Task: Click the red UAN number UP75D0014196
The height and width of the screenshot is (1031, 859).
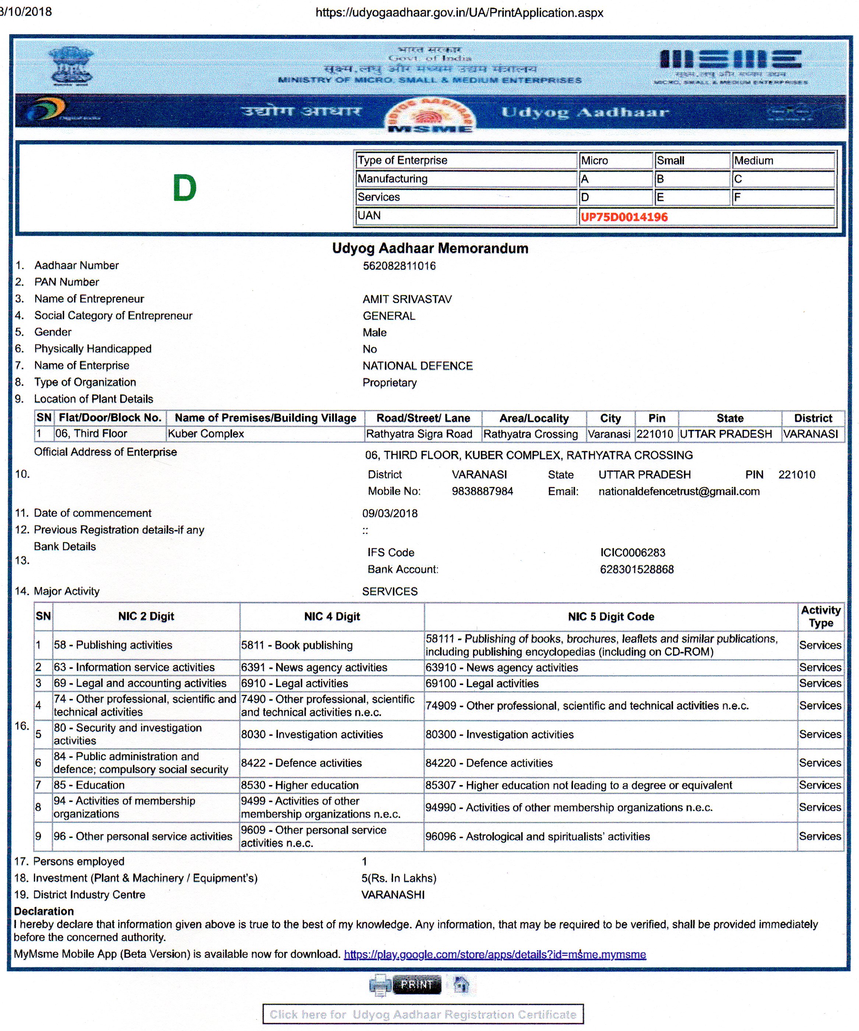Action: pos(624,217)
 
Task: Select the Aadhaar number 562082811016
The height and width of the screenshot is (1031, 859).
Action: pos(399,266)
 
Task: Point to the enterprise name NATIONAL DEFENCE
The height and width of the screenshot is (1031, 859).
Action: pos(418,366)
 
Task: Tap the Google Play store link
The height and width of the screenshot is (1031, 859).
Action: pos(494,954)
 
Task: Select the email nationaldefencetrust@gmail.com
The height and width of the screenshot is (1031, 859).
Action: pos(679,491)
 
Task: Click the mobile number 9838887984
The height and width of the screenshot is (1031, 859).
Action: pos(482,491)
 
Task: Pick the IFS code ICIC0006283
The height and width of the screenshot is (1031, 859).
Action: pos(632,553)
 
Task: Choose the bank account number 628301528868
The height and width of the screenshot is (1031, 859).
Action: pos(637,569)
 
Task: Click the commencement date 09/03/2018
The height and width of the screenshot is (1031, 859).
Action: pos(390,513)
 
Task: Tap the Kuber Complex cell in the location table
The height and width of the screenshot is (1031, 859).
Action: pos(206,434)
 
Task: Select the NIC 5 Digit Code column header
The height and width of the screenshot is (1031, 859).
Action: pos(610,617)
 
